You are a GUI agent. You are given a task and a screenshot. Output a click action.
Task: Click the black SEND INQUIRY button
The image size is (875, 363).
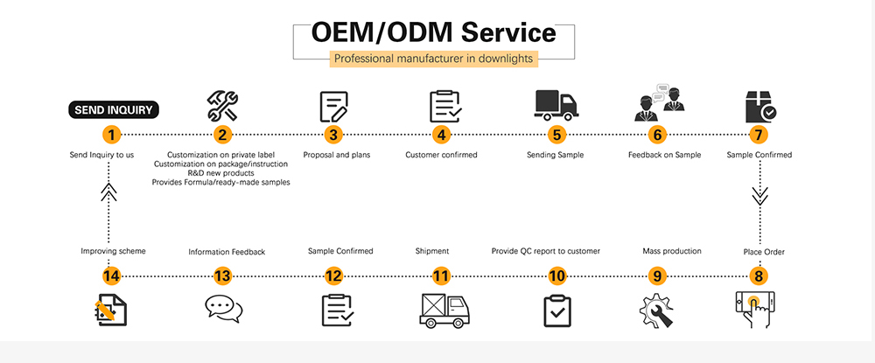114,110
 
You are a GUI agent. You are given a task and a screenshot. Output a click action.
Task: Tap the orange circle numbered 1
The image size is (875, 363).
112,135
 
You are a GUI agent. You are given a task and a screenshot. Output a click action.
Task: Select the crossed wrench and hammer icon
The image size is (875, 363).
222,106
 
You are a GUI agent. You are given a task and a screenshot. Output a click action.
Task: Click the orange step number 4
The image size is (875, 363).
442,135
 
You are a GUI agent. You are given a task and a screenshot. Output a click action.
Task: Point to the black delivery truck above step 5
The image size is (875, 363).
556,105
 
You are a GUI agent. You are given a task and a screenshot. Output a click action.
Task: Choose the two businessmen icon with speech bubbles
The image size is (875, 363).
659,102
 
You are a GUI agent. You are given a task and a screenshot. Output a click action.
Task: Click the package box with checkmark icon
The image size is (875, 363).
761,107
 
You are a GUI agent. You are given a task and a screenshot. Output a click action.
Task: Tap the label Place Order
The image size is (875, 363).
763,252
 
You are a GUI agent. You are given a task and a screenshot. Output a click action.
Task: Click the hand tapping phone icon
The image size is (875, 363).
755,309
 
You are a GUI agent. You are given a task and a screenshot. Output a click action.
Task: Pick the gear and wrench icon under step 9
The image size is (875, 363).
656,311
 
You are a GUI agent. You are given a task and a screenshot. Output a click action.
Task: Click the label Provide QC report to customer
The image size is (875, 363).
546,252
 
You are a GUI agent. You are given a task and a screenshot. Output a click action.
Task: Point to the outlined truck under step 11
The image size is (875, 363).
444,311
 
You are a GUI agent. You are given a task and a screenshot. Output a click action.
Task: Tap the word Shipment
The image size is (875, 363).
432,252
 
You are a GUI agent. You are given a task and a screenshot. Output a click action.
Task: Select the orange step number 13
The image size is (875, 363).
222,276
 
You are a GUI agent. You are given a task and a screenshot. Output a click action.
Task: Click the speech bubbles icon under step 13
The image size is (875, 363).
223,309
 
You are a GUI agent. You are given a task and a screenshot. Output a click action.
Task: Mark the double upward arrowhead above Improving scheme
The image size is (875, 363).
108,192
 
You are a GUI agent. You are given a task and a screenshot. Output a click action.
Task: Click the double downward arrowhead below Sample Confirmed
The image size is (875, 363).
760,196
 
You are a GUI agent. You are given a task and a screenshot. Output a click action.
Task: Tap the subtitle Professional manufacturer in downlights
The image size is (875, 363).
434,59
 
